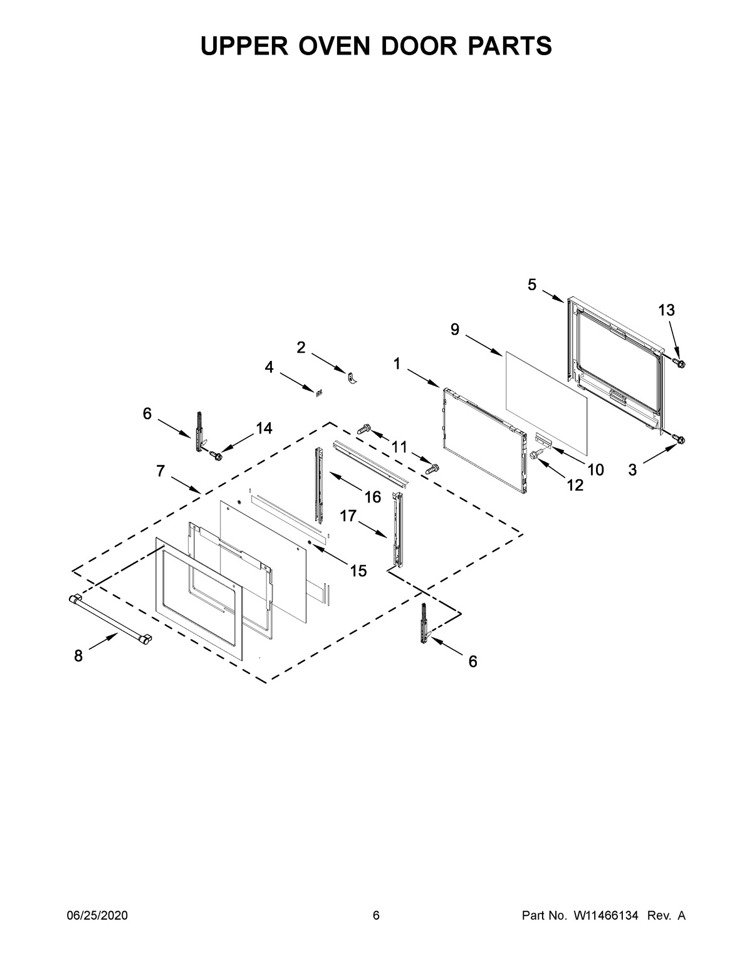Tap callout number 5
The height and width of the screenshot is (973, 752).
click(x=531, y=286)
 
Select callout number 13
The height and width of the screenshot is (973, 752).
click(x=667, y=310)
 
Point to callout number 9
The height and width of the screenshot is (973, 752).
click(x=455, y=329)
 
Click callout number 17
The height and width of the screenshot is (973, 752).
click(x=348, y=516)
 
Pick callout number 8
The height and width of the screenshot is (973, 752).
click(x=78, y=656)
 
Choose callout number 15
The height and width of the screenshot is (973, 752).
click(x=358, y=571)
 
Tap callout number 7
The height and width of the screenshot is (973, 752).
click(x=160, y=471)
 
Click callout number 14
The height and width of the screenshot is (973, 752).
click(x=264, y=429)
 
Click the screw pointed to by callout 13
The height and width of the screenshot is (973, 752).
click(x=681, y=363)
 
